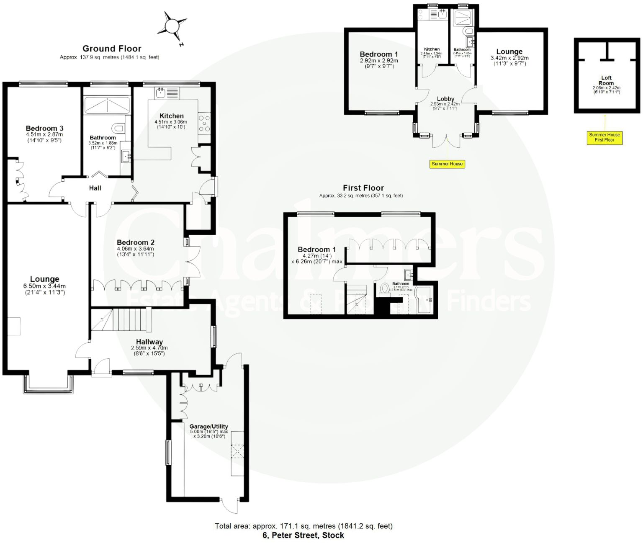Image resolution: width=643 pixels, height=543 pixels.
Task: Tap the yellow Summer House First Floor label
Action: click(x=604, y=137)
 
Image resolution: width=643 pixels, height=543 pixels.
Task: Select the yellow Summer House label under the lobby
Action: click(x=447, y=164)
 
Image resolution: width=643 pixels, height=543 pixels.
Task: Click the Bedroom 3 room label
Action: click(x=44, y=129)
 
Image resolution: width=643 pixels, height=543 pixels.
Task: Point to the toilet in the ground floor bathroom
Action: click(x=119, y=127)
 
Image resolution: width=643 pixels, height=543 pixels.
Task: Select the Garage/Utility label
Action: click(x=209, y=427)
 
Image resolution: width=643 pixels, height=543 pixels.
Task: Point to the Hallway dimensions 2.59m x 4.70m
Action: click(x=149, y=348)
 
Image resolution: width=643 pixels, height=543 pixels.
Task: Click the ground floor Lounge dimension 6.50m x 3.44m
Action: click(x=44, y=286)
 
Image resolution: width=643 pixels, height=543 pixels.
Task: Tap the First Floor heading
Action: click(x=363, y=188)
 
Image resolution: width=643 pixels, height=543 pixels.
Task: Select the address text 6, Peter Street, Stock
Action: click(x=303, y=535)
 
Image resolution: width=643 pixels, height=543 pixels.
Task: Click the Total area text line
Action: click(x=303, y=526)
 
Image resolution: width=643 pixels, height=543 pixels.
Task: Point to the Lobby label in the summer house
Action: click(x=445, y=99)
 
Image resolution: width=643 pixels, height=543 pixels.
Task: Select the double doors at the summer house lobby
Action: click(x=446, y=141)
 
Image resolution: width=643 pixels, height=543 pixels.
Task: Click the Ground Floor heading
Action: click(x=112, y=49)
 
